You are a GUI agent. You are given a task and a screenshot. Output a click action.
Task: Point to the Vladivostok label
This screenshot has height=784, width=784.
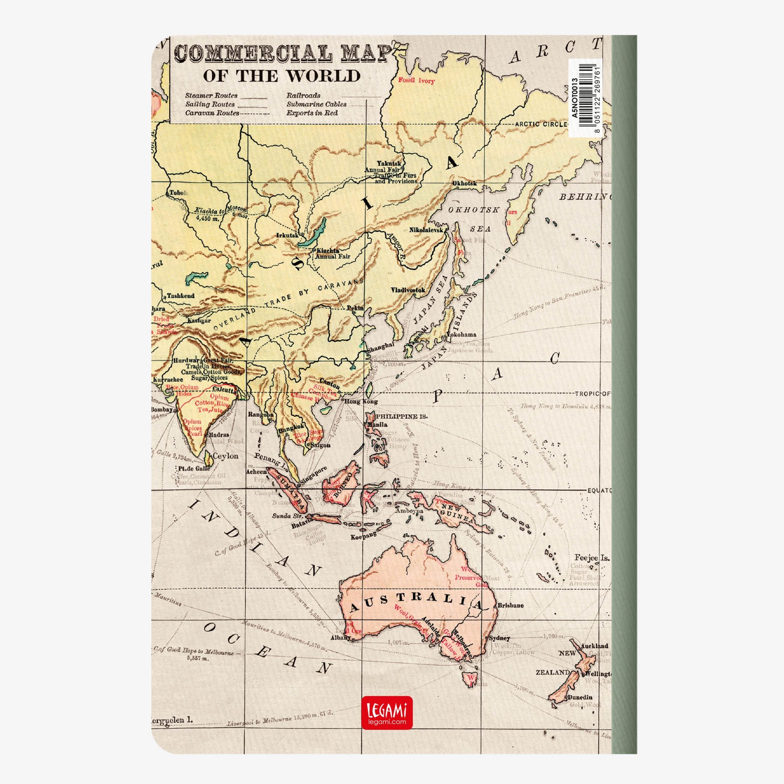(408, 290)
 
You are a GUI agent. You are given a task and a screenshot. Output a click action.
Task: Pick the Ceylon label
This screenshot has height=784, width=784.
(226, 456)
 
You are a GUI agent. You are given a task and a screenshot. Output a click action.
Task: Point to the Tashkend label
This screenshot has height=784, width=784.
(181, 296)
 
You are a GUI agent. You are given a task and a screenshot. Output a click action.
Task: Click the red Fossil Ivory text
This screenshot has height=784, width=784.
(416, 80)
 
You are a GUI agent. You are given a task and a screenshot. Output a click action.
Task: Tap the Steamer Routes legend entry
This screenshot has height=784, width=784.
(211, 96)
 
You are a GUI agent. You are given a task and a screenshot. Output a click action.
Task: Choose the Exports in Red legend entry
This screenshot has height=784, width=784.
(312, 113)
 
